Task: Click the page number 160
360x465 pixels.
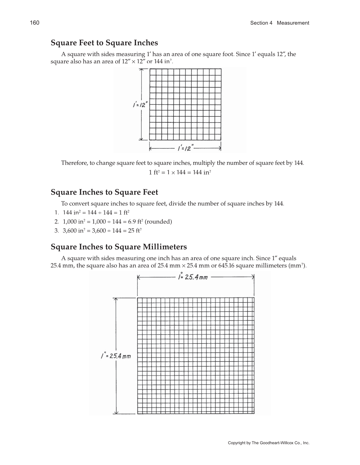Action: click(35, 23)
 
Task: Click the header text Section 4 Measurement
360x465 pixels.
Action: click(279, 23)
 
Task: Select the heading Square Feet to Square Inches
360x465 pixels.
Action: click(104, 43)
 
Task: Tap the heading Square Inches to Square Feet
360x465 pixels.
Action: click(104, 192)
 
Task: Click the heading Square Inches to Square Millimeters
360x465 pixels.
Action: click(119, 247)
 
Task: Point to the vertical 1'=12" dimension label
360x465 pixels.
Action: click(139, 105)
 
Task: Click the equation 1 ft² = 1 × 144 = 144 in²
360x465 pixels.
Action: click(180, 172)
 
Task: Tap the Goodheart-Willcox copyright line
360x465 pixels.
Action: click(268, 443)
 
